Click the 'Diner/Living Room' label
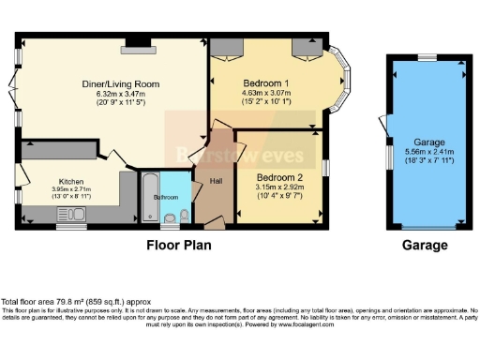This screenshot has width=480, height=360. point(119,83)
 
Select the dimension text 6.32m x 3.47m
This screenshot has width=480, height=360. point(119,93)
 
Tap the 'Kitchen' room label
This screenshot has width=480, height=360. point(72,181)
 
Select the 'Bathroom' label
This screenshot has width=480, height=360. point(166,197)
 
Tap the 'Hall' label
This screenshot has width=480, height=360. point(215,181)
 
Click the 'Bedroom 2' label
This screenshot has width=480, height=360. point(279,177)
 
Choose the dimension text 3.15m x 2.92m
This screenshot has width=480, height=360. point(279,187)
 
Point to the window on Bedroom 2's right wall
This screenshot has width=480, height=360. point(326,166)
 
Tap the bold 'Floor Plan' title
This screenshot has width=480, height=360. point(178,246)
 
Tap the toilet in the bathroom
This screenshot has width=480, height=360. point(170,221)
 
